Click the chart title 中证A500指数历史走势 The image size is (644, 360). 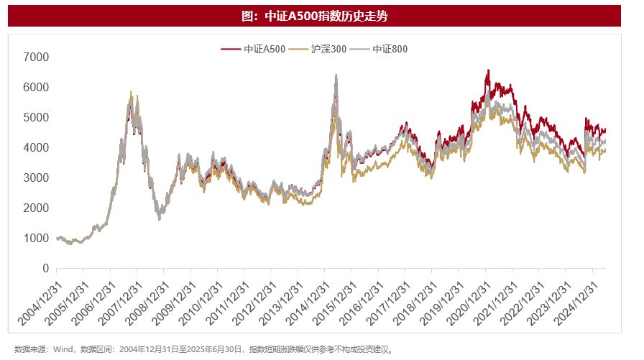(321, 16)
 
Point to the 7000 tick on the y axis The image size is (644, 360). (35, 57)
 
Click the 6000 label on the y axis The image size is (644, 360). (35, 87)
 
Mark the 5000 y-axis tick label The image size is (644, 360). (35, 117)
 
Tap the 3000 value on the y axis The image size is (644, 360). (35, 177)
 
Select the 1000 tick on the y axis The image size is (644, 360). (35, 238)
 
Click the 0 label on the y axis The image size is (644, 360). (45, 268)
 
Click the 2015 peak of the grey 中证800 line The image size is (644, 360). (336, 75)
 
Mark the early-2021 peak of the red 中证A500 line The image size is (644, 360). (488, 70)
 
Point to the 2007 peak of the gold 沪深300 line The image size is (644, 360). (131, 91)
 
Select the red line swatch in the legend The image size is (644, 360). (230, 49)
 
